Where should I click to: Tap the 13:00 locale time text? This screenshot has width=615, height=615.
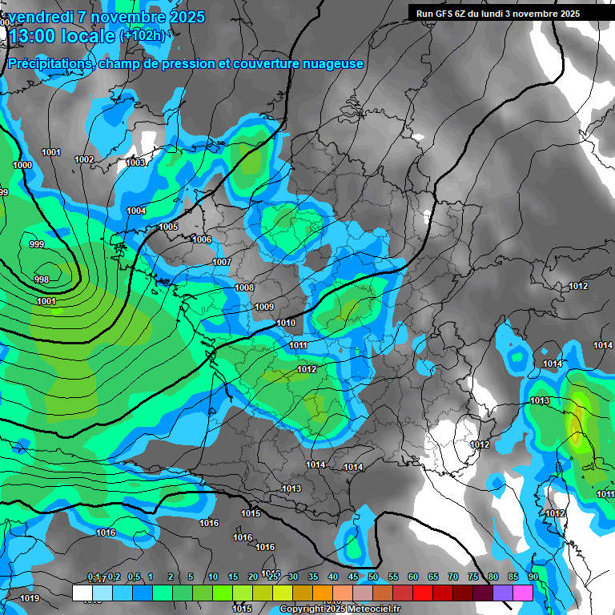coord(62,36)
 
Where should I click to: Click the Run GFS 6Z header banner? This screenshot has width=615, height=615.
coord(493,13)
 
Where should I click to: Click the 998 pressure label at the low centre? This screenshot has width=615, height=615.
coord(42,279)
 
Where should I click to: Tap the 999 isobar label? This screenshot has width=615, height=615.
coord(36,244)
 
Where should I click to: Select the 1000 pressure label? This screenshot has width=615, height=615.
coord(22,165)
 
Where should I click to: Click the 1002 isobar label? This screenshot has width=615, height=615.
coord(84,159)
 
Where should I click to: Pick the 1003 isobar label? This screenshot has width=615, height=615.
coord(135,163)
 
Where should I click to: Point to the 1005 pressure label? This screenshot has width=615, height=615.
coord(168,227)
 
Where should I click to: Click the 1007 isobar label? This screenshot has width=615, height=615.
coord(222,262)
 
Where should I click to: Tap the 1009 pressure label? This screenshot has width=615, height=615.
coord(264,307)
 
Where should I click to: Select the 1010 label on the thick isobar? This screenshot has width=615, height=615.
coord(286,323)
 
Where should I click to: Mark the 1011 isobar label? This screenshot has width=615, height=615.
coord(299,345)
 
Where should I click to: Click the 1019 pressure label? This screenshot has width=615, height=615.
coord(30,598)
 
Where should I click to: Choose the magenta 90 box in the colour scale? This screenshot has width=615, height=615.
coord(523,593)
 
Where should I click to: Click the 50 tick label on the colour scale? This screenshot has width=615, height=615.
coord(373,577)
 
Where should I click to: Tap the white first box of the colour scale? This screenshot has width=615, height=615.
coord(82,593)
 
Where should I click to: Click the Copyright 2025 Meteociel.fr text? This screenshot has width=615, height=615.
coord(339,609)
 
